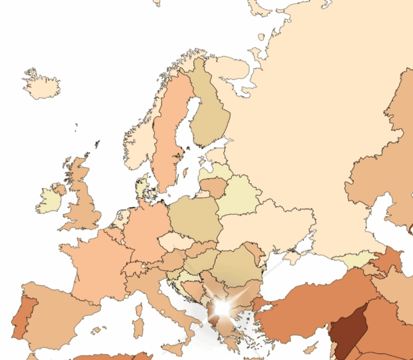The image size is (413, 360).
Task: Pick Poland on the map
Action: (196, 218)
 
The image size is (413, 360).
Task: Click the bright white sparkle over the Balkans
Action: (222, 308)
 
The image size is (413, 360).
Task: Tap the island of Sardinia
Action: (138, 327)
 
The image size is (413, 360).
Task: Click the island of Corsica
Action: (139, 310)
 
